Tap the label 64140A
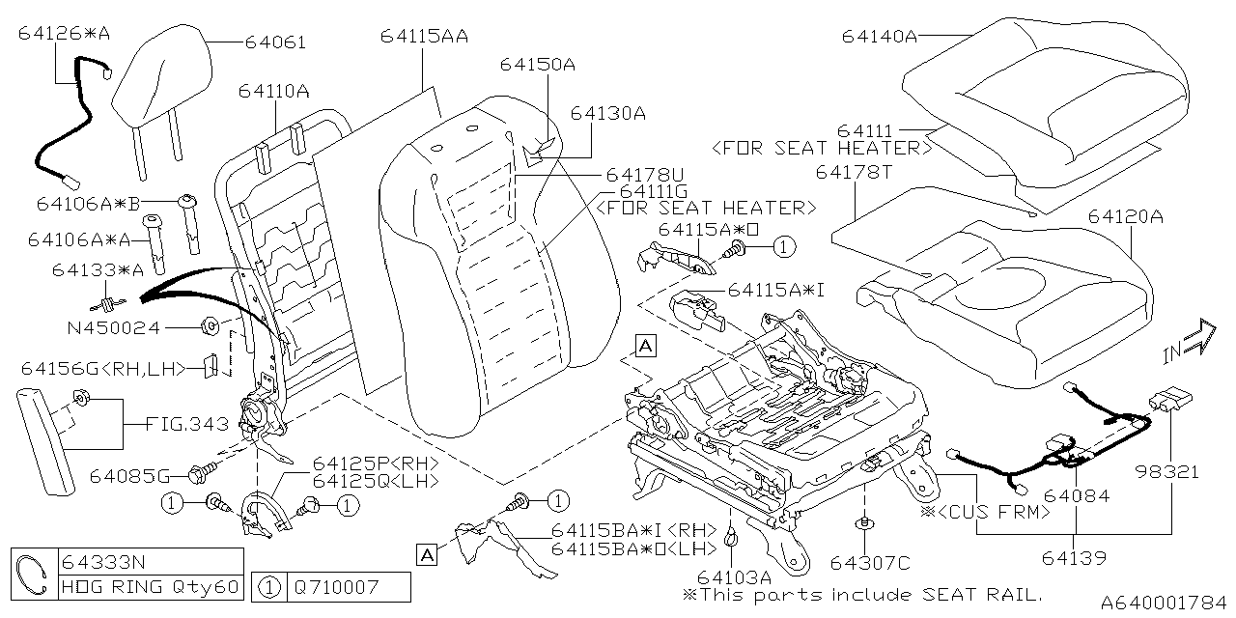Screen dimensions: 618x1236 point(879,36)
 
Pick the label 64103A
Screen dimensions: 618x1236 point(730,576)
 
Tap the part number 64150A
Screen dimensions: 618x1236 point(537,65)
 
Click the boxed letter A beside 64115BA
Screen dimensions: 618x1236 point(426,553)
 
